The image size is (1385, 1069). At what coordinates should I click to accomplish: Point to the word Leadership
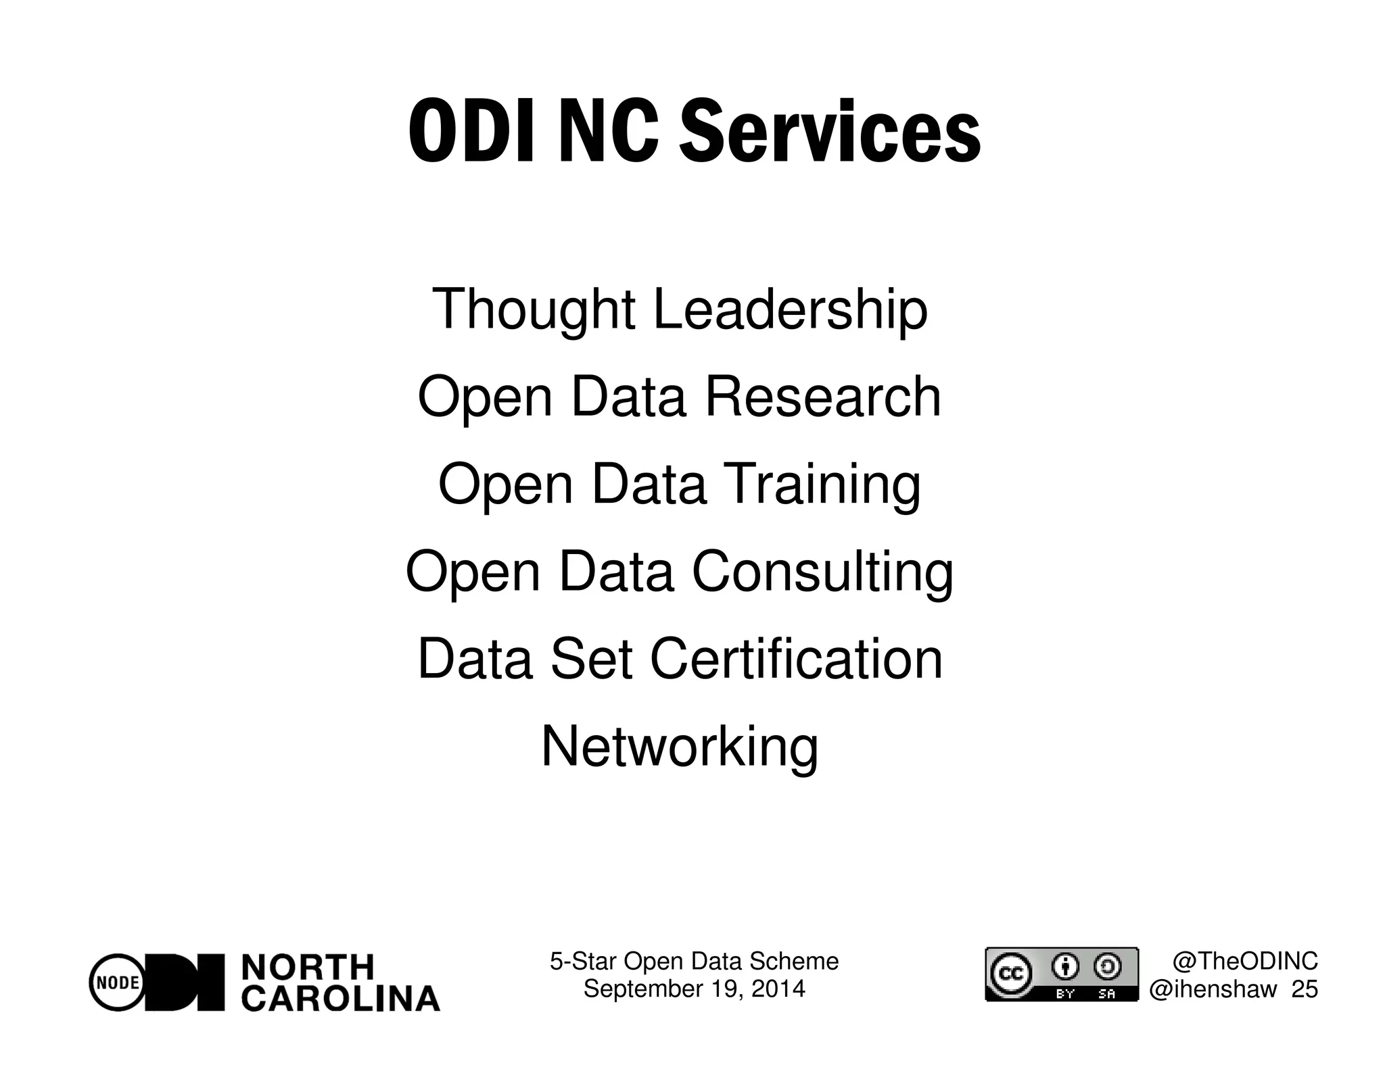[x=790, y=309]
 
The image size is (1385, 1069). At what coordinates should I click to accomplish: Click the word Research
[x=823, y=397]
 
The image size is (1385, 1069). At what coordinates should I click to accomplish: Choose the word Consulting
[x=822, y=572]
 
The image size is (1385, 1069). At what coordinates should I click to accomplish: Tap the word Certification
[x=797, y=659]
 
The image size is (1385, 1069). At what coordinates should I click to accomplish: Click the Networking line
[x=680, y=747]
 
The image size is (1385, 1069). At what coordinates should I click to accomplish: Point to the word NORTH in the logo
[x=307, y=968]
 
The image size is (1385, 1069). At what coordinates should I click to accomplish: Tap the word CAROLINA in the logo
[x=341, y=999]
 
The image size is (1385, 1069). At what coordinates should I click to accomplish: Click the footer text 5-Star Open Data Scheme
[x=694, y=961]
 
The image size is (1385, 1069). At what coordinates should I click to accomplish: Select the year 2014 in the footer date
[x=778, y=989]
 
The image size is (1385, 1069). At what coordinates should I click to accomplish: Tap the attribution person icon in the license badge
[x=1066, y=966]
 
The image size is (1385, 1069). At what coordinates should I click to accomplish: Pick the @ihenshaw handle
[x=1214, y=989]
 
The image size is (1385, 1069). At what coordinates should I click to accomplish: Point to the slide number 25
[x=1305, y=989]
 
